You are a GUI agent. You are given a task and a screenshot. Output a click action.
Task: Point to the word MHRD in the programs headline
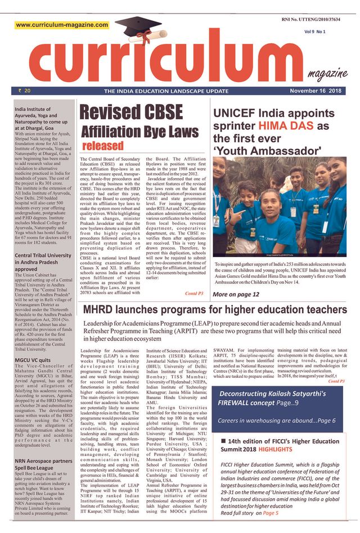(105, 310)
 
